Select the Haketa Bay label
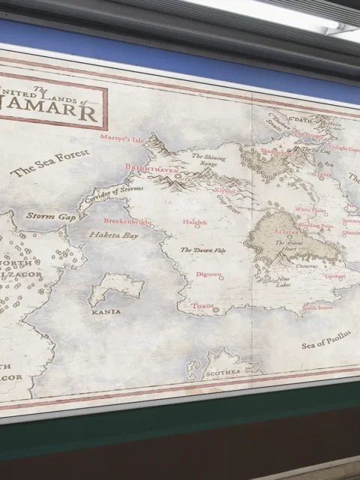coord(114,235)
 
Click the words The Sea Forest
coord(50,162)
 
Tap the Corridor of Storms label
coord(113,194)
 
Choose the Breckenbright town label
coord(126,222)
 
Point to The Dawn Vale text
coord(202,250)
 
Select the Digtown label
coord(208,275)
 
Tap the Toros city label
coord(202,307)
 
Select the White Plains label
coord(309,210)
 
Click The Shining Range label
coord(208,160)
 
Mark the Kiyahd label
coord(225,190)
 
